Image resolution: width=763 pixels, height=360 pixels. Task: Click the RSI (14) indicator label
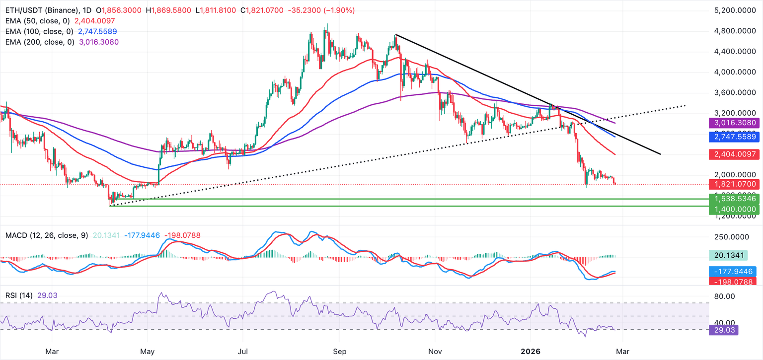pyautogui.click(x=19, y=295)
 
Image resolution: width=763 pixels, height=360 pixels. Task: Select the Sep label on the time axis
pyautogui.click(x=339, y=352)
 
